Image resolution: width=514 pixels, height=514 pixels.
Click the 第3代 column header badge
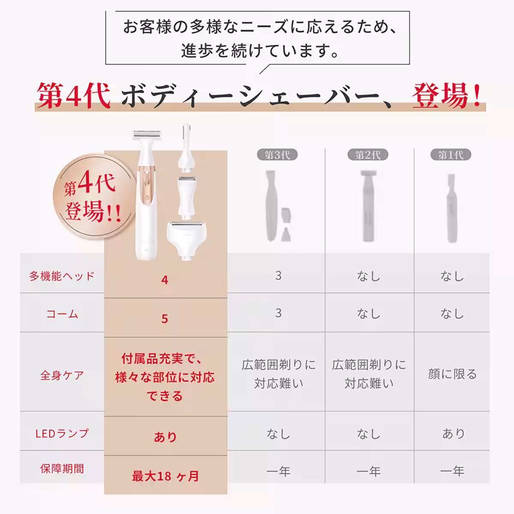pos(277,155)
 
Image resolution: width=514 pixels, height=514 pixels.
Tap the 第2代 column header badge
pos(368,155)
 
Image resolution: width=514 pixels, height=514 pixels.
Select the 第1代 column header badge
pos(451,155)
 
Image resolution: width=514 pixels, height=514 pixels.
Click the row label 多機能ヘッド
pos(62,276)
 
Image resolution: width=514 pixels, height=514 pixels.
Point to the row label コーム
pos(62,314)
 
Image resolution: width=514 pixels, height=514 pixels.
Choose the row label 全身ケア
pos(62,375)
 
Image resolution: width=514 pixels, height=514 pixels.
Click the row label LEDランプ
pos(62,433)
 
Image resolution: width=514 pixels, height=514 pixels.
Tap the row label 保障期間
pos(62,469)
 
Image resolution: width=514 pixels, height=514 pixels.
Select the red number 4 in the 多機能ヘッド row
pos(165,280)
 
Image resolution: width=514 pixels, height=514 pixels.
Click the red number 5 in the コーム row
pos(165,319)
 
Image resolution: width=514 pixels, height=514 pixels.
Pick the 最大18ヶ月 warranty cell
pos(165,476)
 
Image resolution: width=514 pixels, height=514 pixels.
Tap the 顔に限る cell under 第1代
pos(452,374)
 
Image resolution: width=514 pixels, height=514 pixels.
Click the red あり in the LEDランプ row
pos(165,437)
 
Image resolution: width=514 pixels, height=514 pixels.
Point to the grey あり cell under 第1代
pos(453,433)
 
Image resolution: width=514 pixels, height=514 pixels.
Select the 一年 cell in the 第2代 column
pos(368,472)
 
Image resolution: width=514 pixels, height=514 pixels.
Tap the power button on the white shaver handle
pos(146,199)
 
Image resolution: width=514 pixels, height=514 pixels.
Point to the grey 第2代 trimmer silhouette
pos(367,206)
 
